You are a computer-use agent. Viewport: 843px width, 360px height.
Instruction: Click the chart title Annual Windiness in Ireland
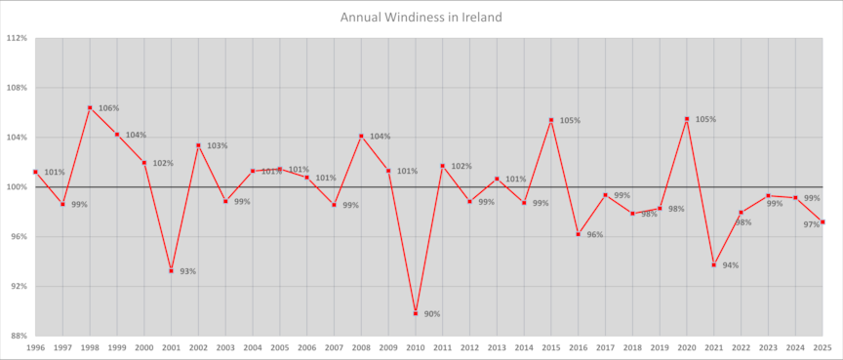pos(421,17)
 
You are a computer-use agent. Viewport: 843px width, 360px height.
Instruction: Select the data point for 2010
pos(416,313)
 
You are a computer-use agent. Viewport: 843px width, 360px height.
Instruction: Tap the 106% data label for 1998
pos(108,108)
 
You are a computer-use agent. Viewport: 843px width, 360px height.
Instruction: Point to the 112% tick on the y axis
pos(17,38)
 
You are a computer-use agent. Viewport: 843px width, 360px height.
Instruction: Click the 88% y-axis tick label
pos(19,336)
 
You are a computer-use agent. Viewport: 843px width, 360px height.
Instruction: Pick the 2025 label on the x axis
pos(823,347)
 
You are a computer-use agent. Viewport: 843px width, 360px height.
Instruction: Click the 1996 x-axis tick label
pos(35,347)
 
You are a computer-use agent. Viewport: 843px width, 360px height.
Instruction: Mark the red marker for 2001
pos(171,270)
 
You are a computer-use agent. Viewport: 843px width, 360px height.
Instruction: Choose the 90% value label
pos(432,314)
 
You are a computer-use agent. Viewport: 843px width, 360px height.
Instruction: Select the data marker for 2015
pos(551,120)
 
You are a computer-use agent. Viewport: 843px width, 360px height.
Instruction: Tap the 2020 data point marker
pos(687,119)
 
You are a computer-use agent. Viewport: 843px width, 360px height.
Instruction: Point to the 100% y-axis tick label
pos(17,187)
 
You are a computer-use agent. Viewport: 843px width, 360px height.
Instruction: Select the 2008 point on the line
pos(361,136)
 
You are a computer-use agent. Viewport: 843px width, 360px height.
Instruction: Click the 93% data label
pos(188,271)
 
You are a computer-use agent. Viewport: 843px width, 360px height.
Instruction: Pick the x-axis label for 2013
pos(497,347)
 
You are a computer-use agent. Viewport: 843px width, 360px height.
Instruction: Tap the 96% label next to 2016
pos(595,235)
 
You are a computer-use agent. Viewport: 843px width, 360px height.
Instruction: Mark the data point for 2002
pos(198,145)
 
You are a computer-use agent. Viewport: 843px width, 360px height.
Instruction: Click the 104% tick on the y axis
pos(17,138)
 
